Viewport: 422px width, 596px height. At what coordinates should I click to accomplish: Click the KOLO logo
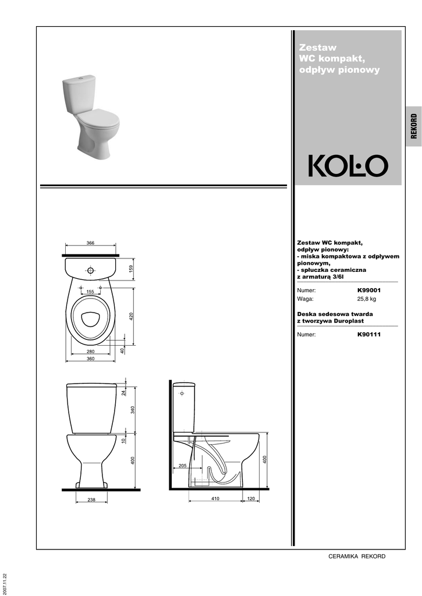coord(348,166)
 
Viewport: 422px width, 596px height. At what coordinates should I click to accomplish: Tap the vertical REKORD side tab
coord(414,126)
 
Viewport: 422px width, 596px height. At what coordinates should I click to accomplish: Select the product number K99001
coord(369,290)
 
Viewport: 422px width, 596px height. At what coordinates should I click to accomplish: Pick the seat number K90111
coord(369,335)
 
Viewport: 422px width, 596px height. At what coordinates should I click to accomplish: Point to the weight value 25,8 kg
coord(367,299)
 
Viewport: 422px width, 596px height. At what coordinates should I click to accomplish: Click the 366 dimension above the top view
coord(90,243)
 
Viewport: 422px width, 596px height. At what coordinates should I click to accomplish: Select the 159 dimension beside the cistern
coord(131,269)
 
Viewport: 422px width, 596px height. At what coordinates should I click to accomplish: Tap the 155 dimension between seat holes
coord(90,292)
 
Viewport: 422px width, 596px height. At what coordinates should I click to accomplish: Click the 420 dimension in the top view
coord(131,316)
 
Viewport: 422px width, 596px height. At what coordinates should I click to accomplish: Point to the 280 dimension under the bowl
coord(90,352)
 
